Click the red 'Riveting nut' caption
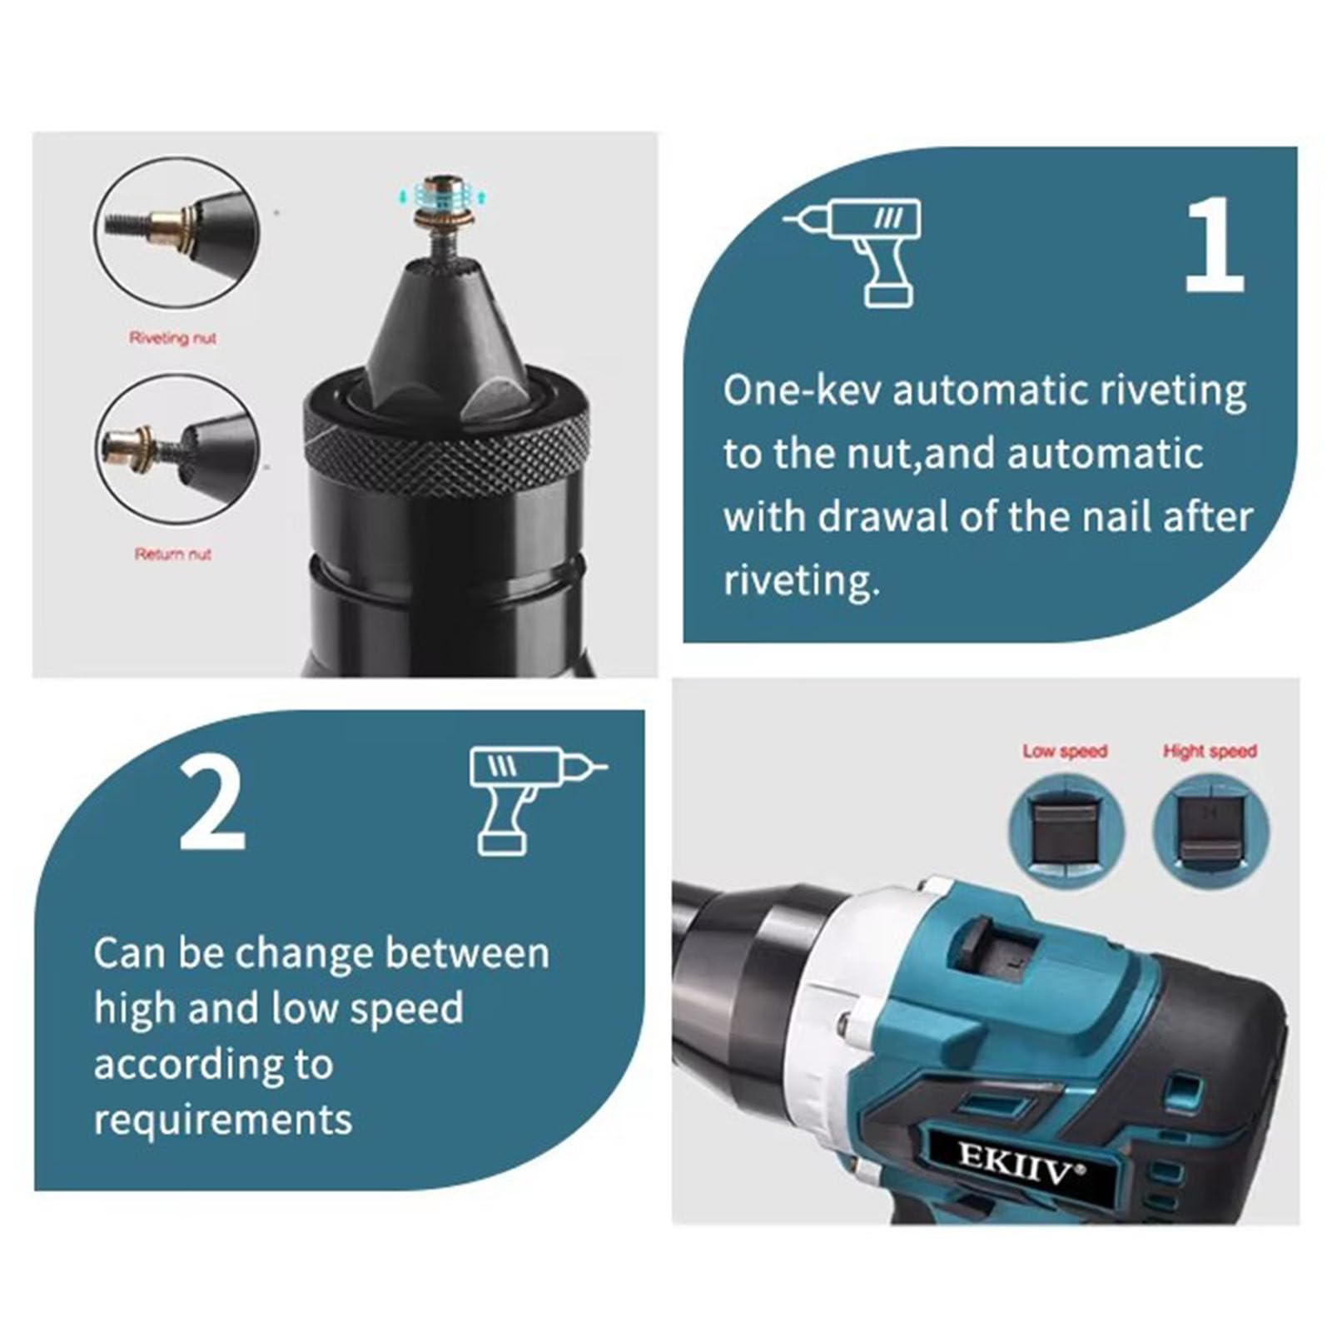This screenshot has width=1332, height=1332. coord(172,338)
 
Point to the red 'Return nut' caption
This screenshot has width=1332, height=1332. coord(172,554)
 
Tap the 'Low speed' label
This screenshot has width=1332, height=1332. coord(1065,751)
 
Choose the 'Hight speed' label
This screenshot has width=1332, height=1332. coord(1210,751)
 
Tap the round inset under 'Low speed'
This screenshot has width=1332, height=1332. coord(1066,832)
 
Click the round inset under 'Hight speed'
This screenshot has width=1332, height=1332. coord(1211,832)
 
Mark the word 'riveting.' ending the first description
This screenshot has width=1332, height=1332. coord(801,580)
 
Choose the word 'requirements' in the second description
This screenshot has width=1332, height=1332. coord(223,1120)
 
